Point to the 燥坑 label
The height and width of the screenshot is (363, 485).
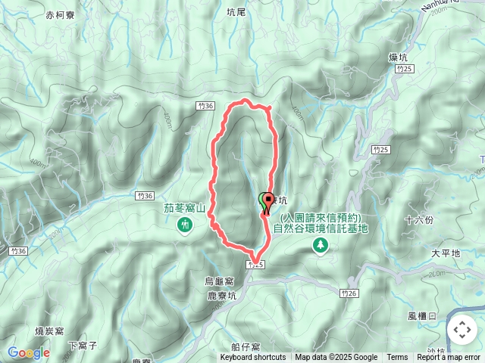coord(399,57)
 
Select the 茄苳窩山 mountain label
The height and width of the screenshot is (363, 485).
coord(185,206)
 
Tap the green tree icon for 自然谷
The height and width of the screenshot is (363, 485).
coord(321,244)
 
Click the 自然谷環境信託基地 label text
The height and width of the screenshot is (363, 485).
coord(321,228)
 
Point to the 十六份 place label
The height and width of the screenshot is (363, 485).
coord(419,219)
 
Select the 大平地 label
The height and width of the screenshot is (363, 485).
coord(445,253)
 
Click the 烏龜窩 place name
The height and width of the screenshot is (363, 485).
coord(220,281)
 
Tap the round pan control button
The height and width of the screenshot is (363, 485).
coord(462,330)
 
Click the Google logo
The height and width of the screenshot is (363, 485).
coord(28,352)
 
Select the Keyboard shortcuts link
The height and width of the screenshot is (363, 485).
coord(253,358)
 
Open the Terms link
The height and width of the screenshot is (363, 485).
coord(397,358)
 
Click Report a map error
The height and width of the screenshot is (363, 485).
coord(449,358)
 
